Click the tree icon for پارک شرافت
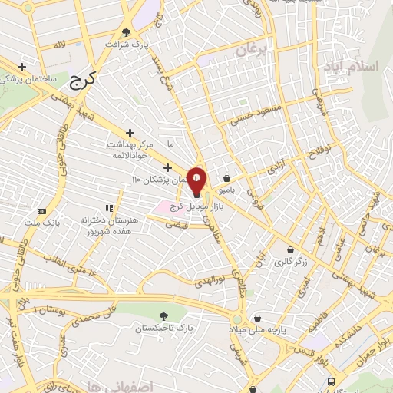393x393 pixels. [127, 33]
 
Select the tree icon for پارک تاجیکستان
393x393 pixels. [164, 316]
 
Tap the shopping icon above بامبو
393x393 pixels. [227, 177]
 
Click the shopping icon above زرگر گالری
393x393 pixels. [290, 249]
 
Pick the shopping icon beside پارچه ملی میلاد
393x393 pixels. [258, 318]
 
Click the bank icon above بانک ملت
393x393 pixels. [41, 210]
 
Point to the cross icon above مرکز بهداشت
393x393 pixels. [129, 133]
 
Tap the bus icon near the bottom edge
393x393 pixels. [331, 381]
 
